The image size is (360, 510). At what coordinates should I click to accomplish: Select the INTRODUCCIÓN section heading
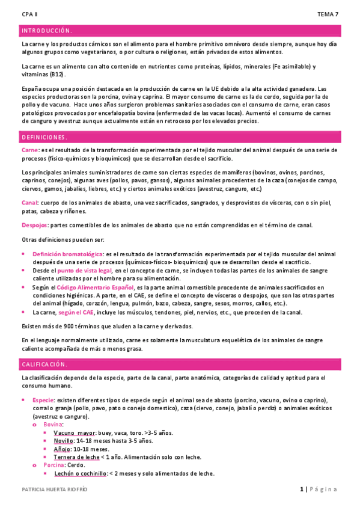47,30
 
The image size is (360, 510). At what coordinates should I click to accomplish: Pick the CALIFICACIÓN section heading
45,364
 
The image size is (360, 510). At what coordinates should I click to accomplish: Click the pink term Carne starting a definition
29,150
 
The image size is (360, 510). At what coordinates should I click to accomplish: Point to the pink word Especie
43,399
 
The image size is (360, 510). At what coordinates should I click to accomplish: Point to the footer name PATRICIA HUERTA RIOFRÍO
54,490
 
